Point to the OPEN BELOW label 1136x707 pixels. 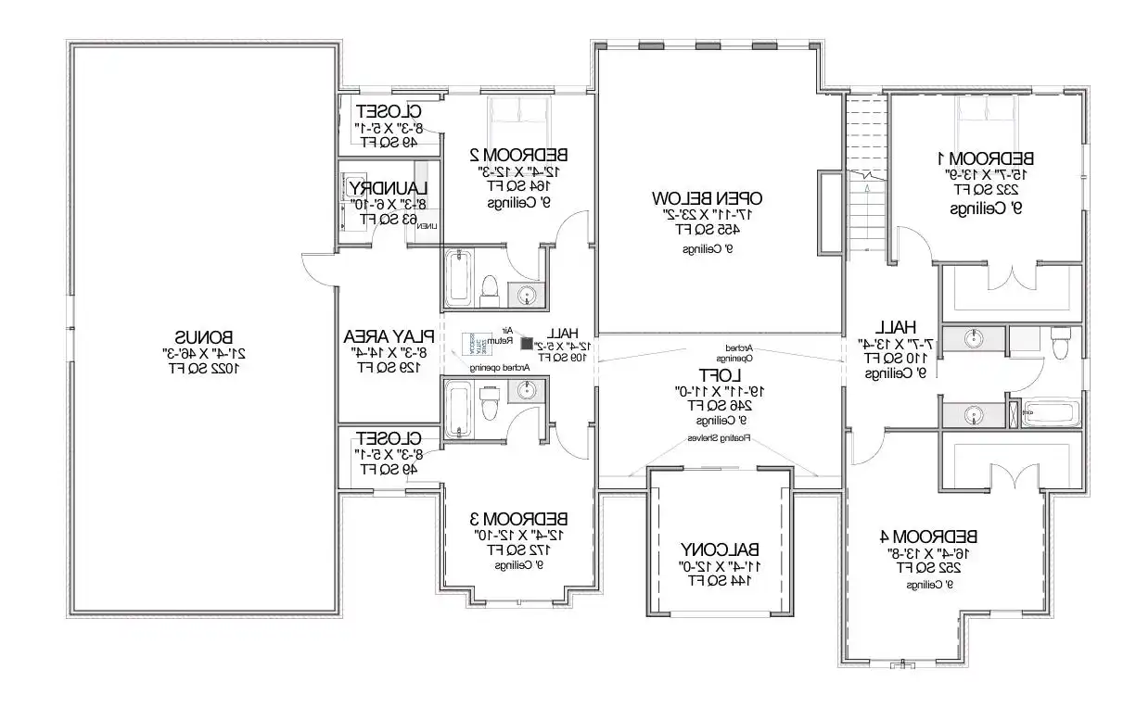(x=707, y=197)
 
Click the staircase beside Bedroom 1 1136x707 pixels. (x=866, y=176)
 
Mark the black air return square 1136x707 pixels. (x=526, y=344)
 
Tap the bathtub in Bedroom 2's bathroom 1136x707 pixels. (x=458, y=278)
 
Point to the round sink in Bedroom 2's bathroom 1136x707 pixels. (x=526, y=295)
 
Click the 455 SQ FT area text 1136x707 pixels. (x=707, y=228)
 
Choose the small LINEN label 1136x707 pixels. (x=428, y=225)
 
